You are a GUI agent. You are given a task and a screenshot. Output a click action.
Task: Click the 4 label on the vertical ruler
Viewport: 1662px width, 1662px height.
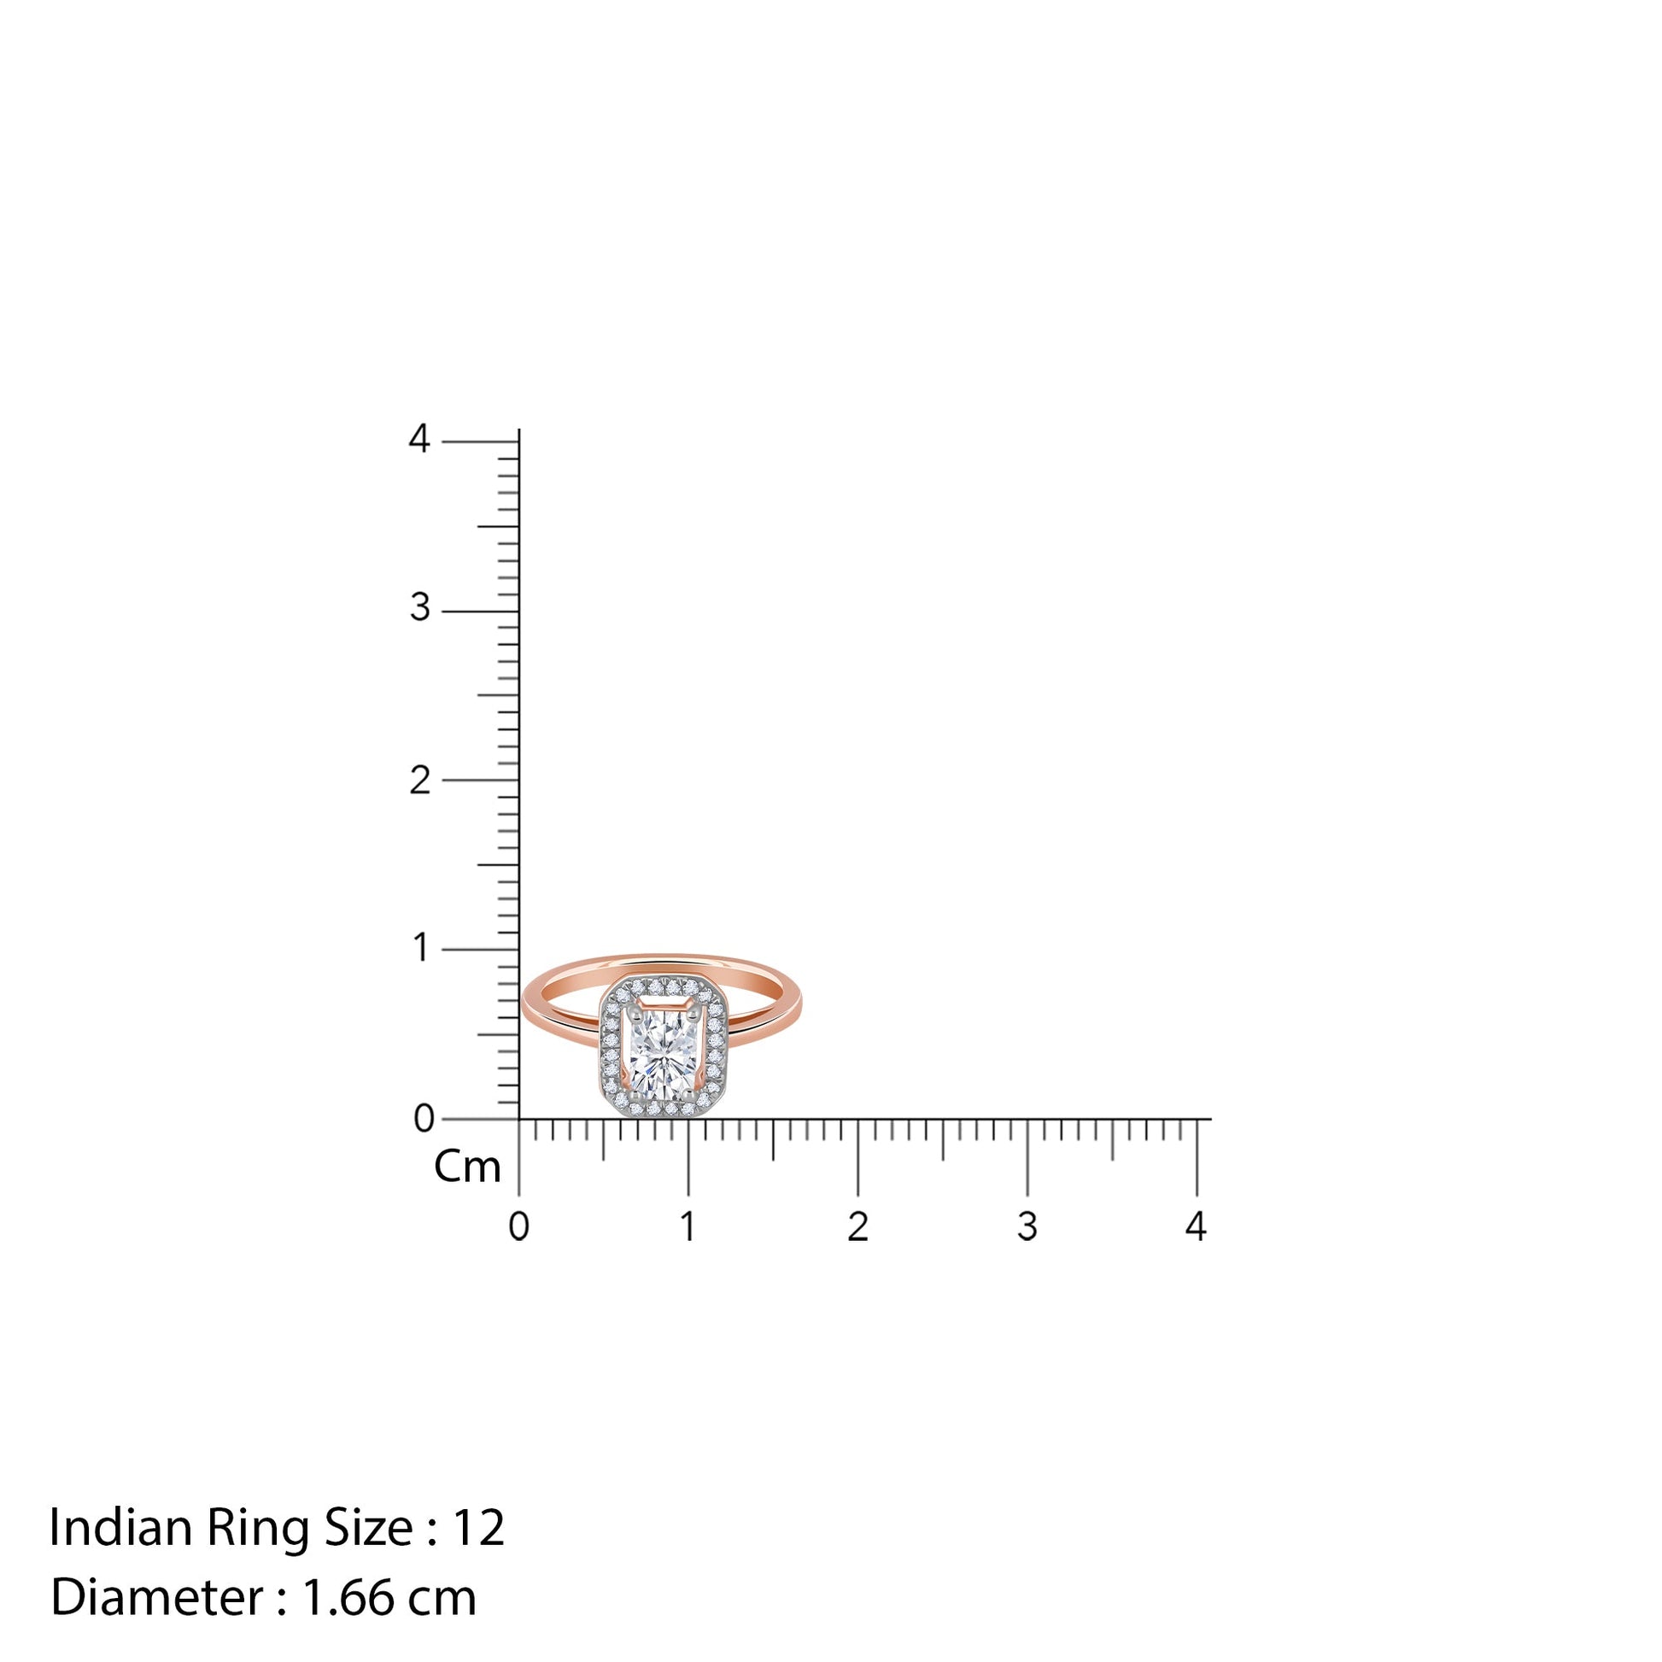point(419,439)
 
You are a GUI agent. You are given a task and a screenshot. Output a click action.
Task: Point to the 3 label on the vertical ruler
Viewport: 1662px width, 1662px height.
point(420,608)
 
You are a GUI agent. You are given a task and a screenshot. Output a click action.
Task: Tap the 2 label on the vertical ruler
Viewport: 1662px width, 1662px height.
point(420,781)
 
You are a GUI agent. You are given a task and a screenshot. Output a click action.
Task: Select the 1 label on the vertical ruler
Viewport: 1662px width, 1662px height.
point(421,948)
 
